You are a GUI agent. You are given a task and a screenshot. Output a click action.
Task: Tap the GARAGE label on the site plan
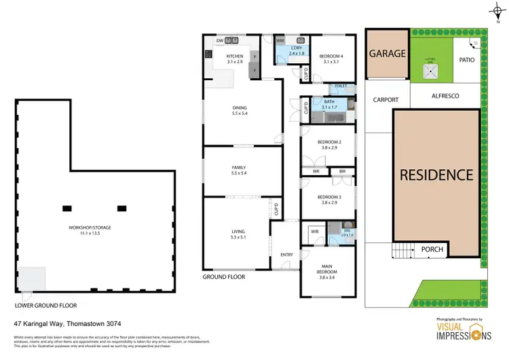(x=387, y=53)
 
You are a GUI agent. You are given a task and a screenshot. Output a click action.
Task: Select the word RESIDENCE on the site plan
(x=436, y=175)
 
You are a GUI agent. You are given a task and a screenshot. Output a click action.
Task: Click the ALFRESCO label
(x=445, y=96)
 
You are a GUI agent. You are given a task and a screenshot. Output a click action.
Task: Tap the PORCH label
(x=432, y=249)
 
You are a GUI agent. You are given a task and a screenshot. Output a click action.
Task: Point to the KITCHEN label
(x=235, y=56)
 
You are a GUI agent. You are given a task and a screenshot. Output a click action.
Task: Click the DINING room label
(x=240, y=107)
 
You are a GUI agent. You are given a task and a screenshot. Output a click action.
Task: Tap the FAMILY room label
(x=238, y=167)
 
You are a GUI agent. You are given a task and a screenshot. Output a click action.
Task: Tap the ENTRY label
(x=286, y=255)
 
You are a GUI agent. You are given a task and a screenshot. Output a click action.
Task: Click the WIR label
(x=314, y=232)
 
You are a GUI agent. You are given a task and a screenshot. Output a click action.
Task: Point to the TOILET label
(x=341, y=86)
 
